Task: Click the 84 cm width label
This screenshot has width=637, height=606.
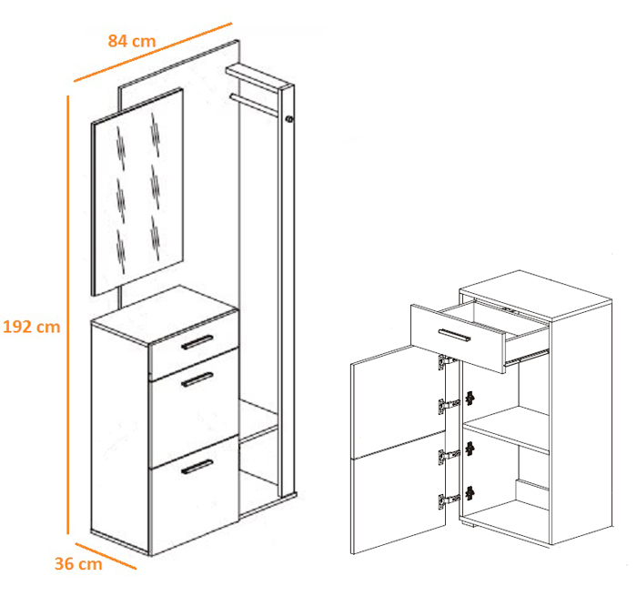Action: click(x=132, y=41)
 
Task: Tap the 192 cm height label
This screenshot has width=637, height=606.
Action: click(x=32, y=327)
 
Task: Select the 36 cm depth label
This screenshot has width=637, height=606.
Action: click(x=78, y=564)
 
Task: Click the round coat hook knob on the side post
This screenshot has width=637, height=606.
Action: click(x=288, y=119)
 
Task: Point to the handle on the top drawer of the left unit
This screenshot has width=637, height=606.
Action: click(x=197, y=342)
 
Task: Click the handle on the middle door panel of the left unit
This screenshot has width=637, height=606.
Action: click(x=197, y=379)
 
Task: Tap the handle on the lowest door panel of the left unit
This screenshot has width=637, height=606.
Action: click(x=197, y=467)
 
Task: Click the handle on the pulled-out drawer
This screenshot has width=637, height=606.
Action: click(x=455, y=335)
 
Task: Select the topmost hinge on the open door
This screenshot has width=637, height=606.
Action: click(x=447, y=361)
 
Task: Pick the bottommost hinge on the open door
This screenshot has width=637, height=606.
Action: click(x=449, y=500)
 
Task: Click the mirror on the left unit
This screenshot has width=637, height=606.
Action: click(x=137, y=192)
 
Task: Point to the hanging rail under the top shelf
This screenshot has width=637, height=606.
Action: click(x=255, y=104)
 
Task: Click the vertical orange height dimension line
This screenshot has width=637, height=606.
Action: click(x=68, y=315)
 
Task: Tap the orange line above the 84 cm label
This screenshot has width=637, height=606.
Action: click(x=153, y=52)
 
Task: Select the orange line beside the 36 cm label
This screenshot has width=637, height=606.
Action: click(x=106, y=556)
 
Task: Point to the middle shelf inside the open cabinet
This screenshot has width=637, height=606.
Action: click(x=507, y=429)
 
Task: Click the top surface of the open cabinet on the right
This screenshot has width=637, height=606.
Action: click(x=536, y=296)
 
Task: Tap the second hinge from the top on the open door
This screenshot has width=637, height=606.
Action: click(x=449, y=406)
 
